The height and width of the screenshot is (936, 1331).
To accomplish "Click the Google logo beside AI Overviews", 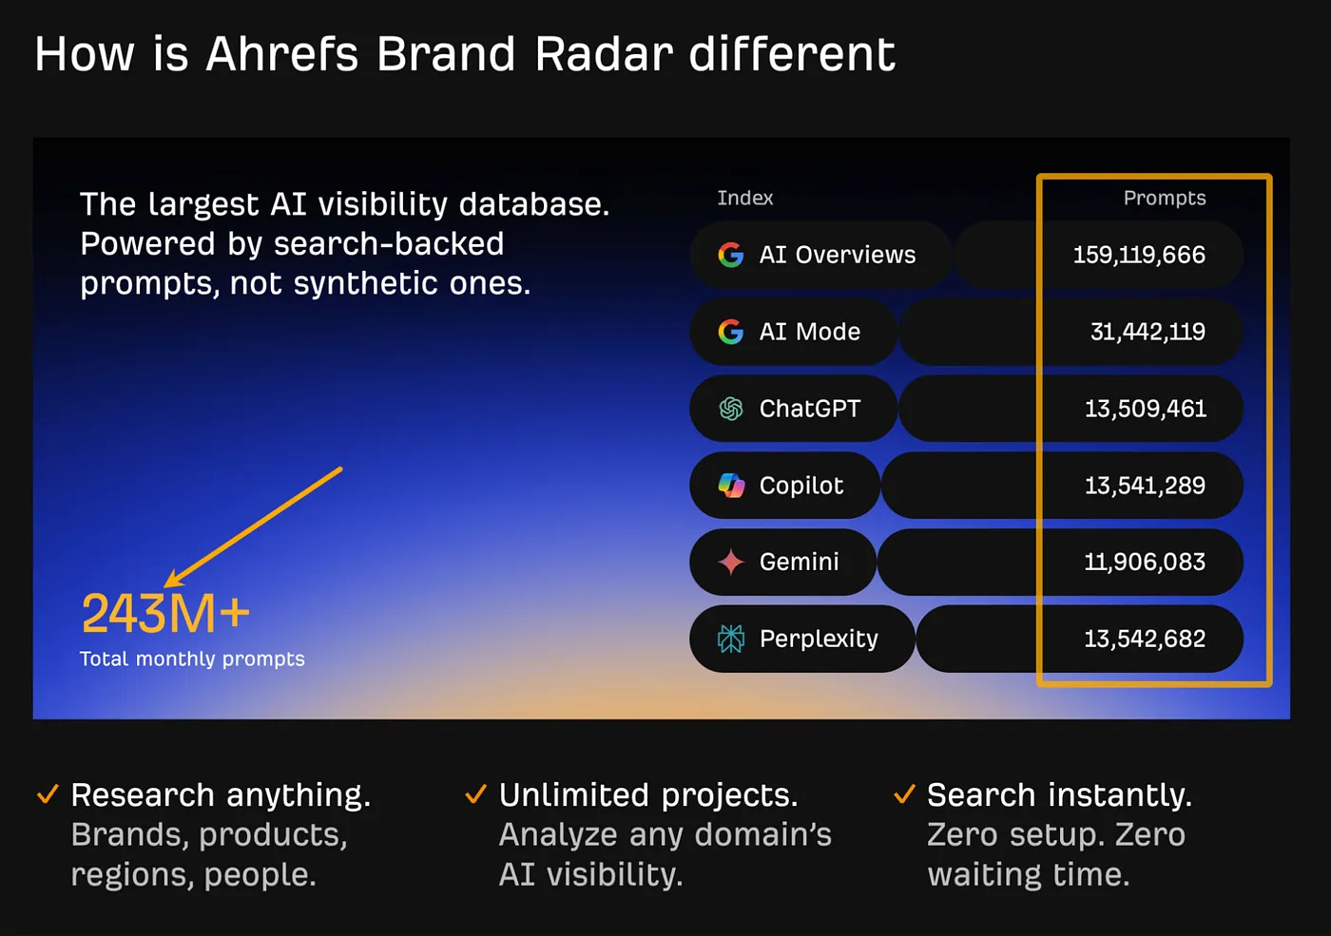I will (x=730, y=255).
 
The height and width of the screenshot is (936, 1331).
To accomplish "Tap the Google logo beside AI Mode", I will (x=730, y=332).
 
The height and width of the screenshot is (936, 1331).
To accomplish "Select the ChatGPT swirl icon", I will (x=730, y=409).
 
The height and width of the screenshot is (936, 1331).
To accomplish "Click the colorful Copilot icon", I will (x=730, y=486).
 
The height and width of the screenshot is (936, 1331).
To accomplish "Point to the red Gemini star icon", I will (x=730, y=563).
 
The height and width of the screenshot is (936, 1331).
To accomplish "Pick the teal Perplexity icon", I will (x=730, y=639).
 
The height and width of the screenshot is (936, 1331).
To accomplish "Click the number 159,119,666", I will (x=1138, y=255).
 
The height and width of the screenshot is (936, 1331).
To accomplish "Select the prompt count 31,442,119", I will (x=1147, y=332).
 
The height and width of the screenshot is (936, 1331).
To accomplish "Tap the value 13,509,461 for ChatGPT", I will (x=1145, y=409).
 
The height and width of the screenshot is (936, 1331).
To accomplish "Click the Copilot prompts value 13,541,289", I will (x=1145, y=486).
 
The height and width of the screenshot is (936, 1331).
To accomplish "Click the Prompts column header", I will (x=1164, y=198).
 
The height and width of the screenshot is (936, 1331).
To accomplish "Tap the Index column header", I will (x=744, y=198).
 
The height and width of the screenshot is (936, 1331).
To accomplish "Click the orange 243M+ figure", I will (x=165, y=614).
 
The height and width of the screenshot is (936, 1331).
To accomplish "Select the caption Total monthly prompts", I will (x=192, y=659).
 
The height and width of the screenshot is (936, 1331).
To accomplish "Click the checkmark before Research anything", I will (x=48, y=793).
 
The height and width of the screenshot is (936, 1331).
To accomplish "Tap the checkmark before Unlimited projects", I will (x=475, y=793).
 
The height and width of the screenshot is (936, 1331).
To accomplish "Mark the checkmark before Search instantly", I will (x=904, y=793).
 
